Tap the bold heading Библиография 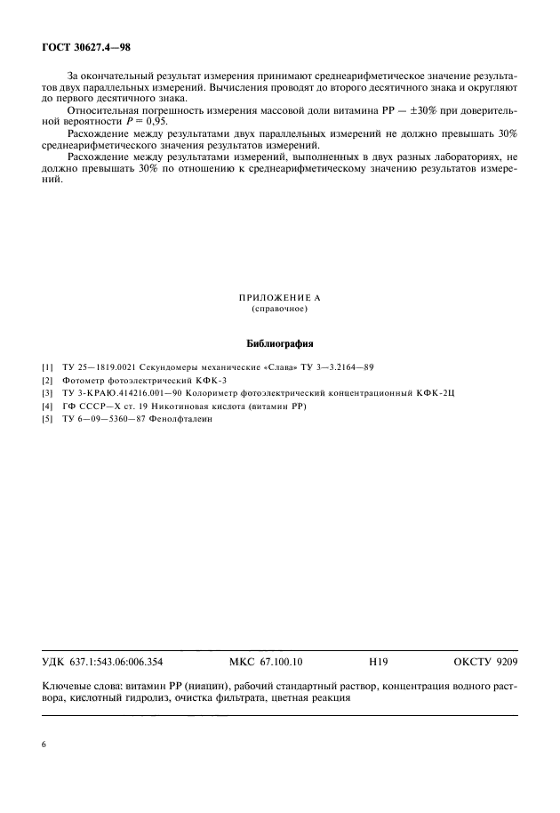279,342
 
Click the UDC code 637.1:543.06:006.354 119,663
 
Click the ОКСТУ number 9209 503,663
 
